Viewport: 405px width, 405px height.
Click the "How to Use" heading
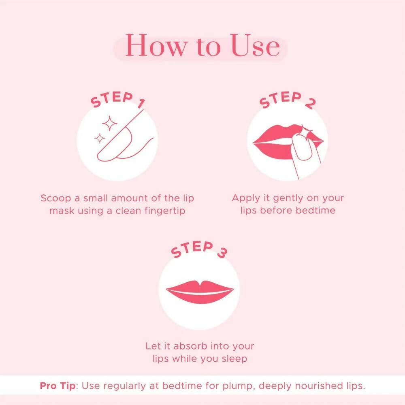(x=202, y=46)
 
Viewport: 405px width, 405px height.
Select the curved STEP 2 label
(x=287, y=100)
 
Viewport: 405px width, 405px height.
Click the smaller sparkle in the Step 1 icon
(x=100, y=139)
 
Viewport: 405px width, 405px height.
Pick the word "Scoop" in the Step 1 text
(x=54, y=198)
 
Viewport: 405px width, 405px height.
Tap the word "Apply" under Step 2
(x=245, y=198)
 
